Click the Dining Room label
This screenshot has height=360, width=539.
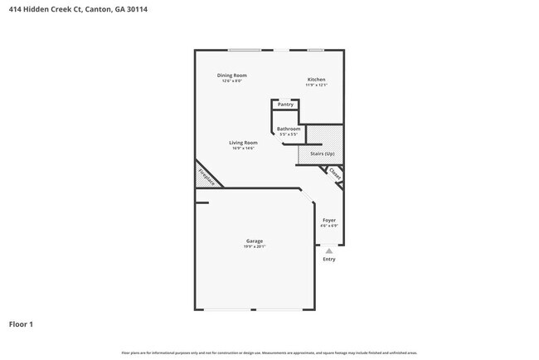pyautogui.click(x=232, y=75)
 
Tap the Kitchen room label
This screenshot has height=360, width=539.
pyautogui.click(x=316, y=80)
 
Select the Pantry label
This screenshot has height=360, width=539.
pyautogui.click(x=285, y=105)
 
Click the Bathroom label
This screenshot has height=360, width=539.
pyautogui.click(x=288, y=129)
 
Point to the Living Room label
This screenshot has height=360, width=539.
pyautogui.click(x=243, y=143)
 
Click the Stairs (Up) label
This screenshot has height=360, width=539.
pyautogui.click(x=322, y=154)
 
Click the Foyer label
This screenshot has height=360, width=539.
pyautogui.click(x=329, y=220)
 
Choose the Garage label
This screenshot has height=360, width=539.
pyautogui.click(x=254, y=241)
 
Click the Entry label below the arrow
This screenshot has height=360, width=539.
pyautogui.click(x=329, y=260)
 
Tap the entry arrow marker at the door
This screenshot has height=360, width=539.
pyautogui.click(x=329, y=250)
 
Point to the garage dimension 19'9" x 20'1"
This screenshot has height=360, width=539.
pyautogui.click(x=254, y=246)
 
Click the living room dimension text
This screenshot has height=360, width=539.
pyautogui.click(x=243, y=148)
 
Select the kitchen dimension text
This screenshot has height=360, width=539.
pyautogui.click(x=316, y=85)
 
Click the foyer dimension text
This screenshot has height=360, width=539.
pyautogui.click(x=329, y=226)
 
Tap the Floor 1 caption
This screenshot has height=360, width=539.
pyautogui.click(x=21, y=324)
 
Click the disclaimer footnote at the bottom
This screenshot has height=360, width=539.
pyautogui.click(x=269, y=353)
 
